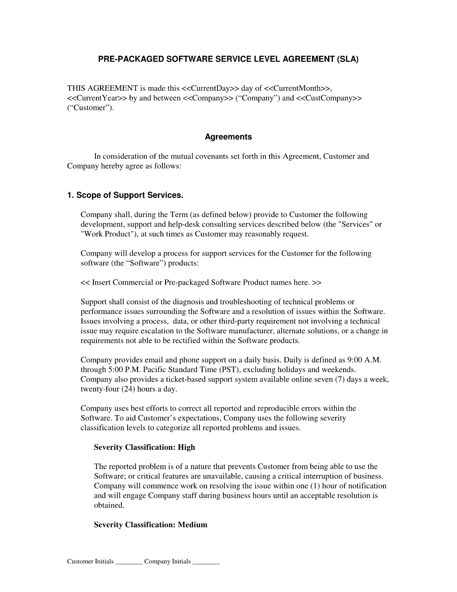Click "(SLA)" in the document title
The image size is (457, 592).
tap(346, 59)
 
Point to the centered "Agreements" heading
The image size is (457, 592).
tap(228, 137)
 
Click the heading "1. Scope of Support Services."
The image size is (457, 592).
tap(125, 195)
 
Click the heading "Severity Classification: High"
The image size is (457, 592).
tap(144, 447)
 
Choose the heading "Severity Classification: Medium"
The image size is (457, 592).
tap(150, 525)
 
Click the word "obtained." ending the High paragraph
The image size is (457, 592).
tap(109, 505)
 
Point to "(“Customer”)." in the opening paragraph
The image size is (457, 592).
tap(91, 108)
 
